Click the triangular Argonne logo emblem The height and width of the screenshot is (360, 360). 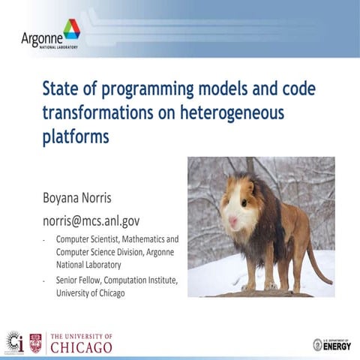click(x=71, y=29)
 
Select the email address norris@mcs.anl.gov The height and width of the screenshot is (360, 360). click(x=92, y=222)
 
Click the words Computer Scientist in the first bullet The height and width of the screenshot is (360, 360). click(x=88, y=239)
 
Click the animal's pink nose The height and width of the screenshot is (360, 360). click(x=232, y=221)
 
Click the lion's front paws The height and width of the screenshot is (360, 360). click(x=259, y=285)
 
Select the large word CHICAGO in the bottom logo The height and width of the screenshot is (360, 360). click(x=81, y=348)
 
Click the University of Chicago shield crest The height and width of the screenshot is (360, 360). click(x=35, y=343)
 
